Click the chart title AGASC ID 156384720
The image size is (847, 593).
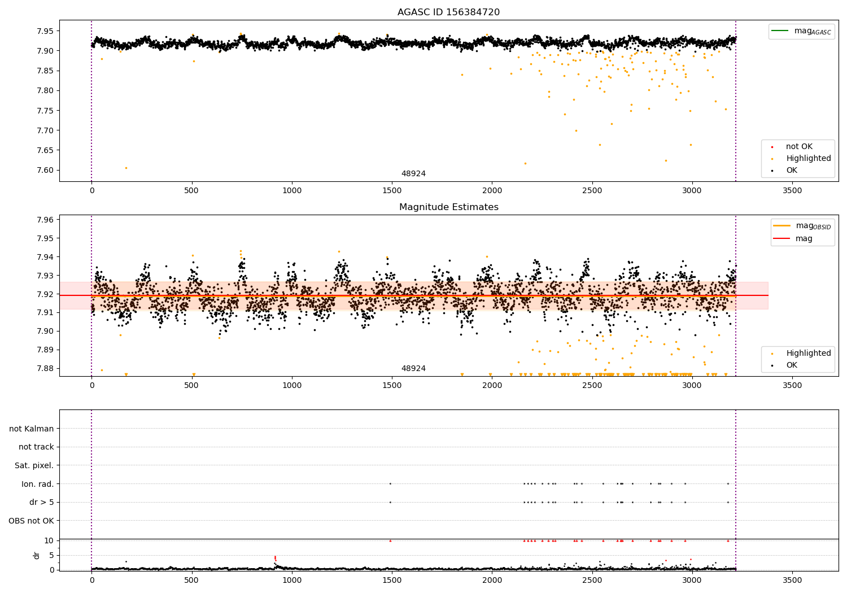[x=448, y=12]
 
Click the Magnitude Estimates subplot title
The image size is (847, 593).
[x=448, y=207]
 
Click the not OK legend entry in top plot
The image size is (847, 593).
[x=799, y=147]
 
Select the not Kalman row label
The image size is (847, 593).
[x=32, y=429]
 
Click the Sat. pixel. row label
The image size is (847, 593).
[x=34, y=465]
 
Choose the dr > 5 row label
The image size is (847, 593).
[x=41, y=502]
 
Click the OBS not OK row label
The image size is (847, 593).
[x=31, y=521]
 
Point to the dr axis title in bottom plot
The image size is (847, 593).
[x=37, y=555]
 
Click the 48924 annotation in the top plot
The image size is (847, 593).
[x=413, y=174]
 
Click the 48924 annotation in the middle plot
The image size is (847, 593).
[x=413, y=369]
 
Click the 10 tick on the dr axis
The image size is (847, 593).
[x=49, y=540]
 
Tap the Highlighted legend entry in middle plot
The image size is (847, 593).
[x=808, y=354]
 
